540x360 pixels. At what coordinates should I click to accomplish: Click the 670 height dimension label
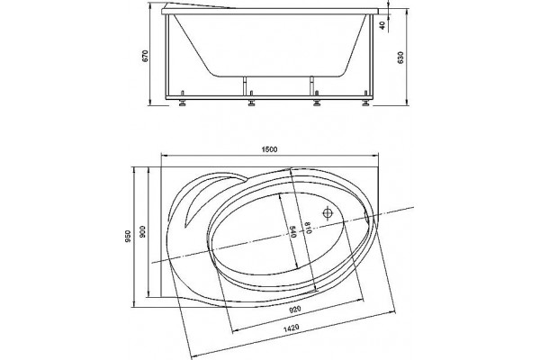[x=145, y=56]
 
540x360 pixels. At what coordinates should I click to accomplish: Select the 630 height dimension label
[x=400, y=58]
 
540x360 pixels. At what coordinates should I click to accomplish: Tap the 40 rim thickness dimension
[x=382, y=25]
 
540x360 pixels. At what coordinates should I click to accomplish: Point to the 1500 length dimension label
[x=269, y=149]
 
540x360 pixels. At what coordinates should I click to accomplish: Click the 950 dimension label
[x=128, y=237]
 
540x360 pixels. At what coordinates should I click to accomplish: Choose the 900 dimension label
[x=142, y=232]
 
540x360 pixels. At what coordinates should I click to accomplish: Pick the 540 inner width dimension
[x=292, y=231]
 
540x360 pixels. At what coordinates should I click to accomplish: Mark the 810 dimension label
[x=307, y=228]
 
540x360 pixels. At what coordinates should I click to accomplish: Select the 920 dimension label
[x=295, y=309]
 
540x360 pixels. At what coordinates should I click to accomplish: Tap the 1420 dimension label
[x=291, y=328]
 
